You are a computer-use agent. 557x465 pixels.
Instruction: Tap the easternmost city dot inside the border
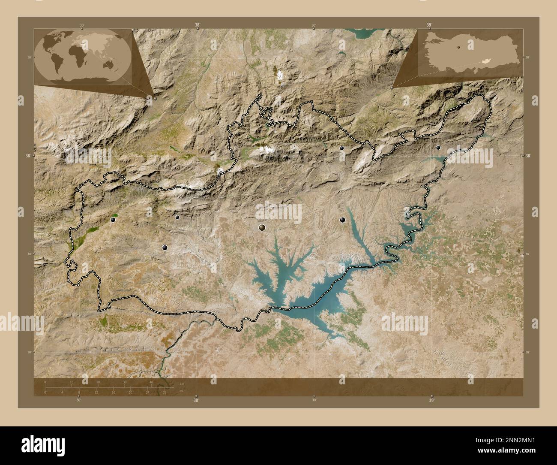[438, 148]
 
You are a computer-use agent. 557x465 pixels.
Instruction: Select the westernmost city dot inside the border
[113, 220]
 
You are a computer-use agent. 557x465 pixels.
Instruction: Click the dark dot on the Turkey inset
[458, 48]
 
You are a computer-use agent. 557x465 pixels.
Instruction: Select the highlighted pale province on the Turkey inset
[485, 62]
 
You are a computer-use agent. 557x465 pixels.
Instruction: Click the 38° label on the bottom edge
[196, 400]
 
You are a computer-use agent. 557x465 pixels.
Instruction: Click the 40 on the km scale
[151, 382]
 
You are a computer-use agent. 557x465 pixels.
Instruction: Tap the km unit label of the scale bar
[182, 383]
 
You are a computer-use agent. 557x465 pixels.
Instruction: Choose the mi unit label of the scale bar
[182, 390]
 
